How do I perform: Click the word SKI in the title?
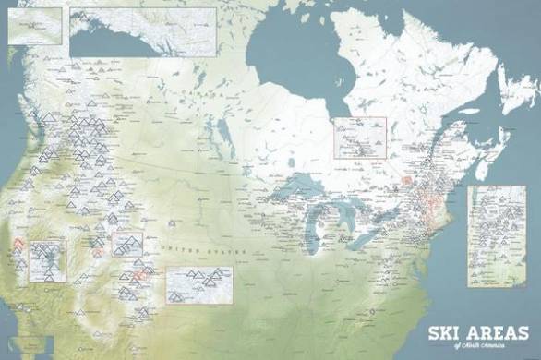[x=442, y=332]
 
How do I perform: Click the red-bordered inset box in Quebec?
[x=358, y=138]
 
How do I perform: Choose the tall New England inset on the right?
[x=496, y=235]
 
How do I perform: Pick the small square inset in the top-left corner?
[x=34, y=26]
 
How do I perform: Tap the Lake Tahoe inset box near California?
[x=46, y=261]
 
